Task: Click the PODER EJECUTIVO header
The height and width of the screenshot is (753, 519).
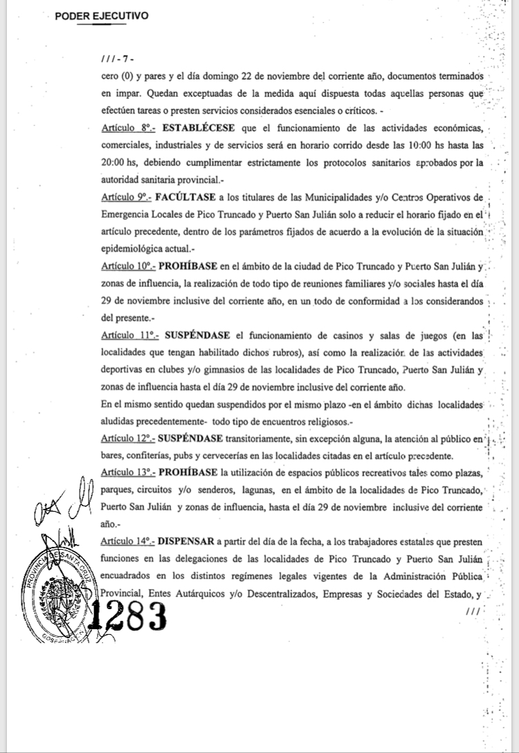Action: [x=102, y=16]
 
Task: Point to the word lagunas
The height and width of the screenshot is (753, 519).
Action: [x=255, y=490]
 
